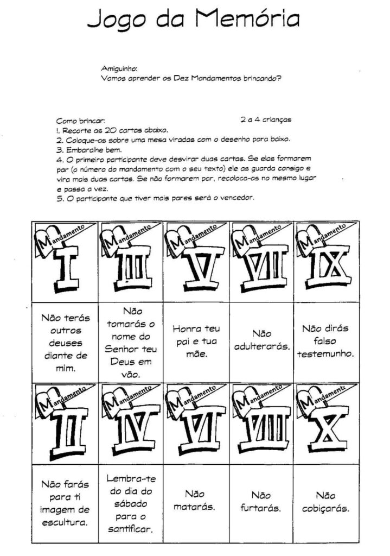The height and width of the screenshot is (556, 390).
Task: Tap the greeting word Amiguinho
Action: (x=119, y=69)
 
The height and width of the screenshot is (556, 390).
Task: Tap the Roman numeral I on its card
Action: (x=65, y=269)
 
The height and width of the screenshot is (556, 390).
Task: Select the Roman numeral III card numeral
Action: (x=130, y=269)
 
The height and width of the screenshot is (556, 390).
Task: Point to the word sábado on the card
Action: (x=130, y=503)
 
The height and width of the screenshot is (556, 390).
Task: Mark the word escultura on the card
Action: (x=65, y=523)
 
